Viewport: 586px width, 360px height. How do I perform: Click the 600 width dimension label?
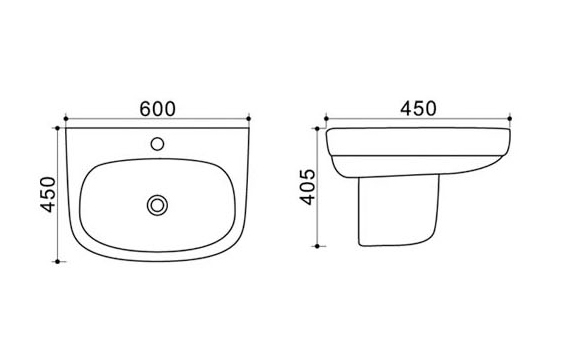(157, 109)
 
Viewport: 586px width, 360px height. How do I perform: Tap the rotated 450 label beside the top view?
(49, 194)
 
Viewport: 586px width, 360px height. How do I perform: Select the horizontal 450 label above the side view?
(418, 108)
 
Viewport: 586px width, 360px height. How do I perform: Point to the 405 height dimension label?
(308, 187)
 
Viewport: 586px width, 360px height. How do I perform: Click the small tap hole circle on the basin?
(157, 144)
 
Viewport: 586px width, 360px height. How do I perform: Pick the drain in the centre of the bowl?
(157, 205)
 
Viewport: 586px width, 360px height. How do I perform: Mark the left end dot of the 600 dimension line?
(66, 119)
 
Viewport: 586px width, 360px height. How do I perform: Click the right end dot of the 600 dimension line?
(249, 119)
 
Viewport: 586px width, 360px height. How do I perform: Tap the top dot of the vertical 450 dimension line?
(57, 128)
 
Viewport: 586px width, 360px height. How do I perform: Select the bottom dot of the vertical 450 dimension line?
(57, 262)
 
